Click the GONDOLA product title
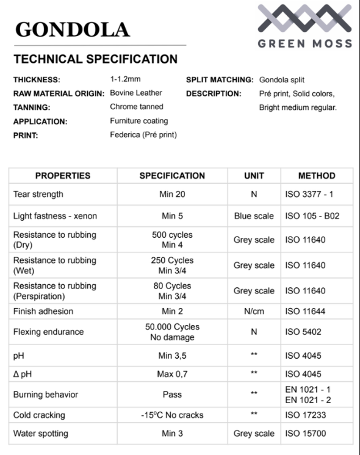pos(72,29)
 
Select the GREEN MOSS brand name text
pos(304,44)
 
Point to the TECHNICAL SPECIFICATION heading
pos(95,59)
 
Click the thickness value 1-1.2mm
pos(126,79)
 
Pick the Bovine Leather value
pos(136,93)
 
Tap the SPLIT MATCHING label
pos(220,80)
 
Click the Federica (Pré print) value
pos(143,135)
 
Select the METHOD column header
pos(317,176)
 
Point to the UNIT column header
pos(254,176)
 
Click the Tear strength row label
pos(38,195)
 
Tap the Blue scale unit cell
pos(254,216)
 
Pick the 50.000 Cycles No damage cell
pos(172,332)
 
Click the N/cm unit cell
pos(254,311)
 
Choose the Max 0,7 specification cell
pos(172,373)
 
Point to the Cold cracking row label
pos(39,415)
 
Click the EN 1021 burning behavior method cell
pos(308,394)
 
